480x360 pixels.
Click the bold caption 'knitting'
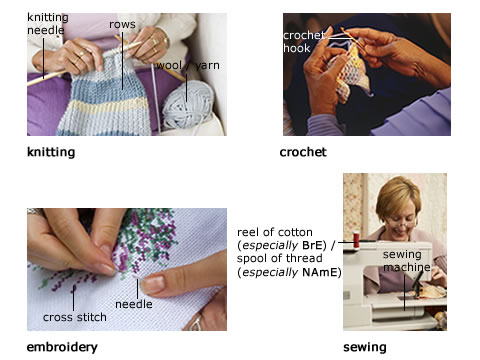[x=51, y=152]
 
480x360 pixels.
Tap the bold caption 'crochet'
[x=303, y=152]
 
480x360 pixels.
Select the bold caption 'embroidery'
[x=62, y=347]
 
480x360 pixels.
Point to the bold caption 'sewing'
[x=365, y=347]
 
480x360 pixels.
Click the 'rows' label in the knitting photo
[x=122, y=24]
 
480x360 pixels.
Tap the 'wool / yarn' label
[x=188, y=65]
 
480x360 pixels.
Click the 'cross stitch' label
[x=75, y=317]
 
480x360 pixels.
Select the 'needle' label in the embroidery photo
[x=134, y=304]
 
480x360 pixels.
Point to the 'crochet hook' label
[x=303, y=42]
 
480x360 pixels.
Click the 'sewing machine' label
[x=406, y=261]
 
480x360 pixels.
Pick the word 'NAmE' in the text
[x=319, y=272]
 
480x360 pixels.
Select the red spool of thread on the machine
[x=356, y=240]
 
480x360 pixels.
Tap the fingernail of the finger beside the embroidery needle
[x=154, y=283]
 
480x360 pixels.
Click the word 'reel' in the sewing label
[x=246, y=232]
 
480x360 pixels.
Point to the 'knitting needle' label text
[x=48, y=24]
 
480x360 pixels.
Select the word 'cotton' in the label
[x=294, y=232]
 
